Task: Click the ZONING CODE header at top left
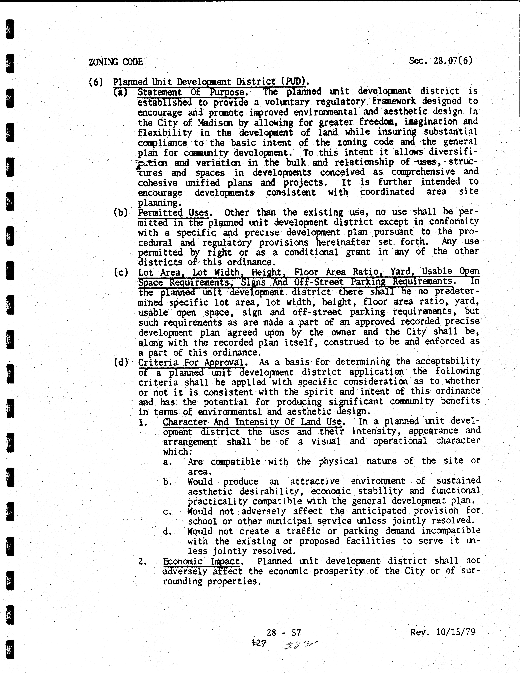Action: [x=116, y=62]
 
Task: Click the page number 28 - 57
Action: [x=284, y=633]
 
